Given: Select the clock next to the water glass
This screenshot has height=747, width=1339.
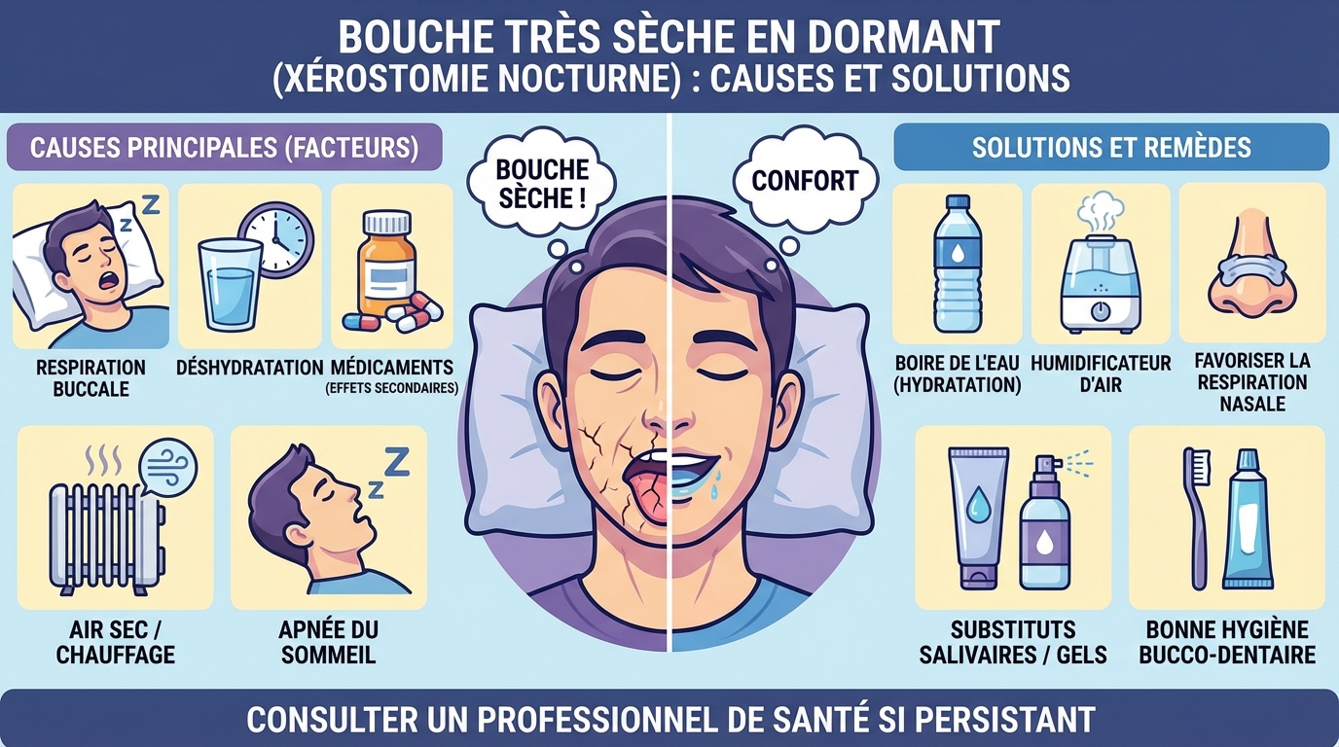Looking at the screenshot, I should pos(275,237).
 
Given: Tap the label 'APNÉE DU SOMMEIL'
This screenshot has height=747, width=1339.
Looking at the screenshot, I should pos(329,641).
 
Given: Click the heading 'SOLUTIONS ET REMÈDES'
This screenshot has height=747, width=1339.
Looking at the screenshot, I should pos(1110,148).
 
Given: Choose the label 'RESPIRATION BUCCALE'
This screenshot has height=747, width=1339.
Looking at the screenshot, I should pos(90,377).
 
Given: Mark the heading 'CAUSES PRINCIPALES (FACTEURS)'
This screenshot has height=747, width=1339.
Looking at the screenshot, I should pos(224,148).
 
